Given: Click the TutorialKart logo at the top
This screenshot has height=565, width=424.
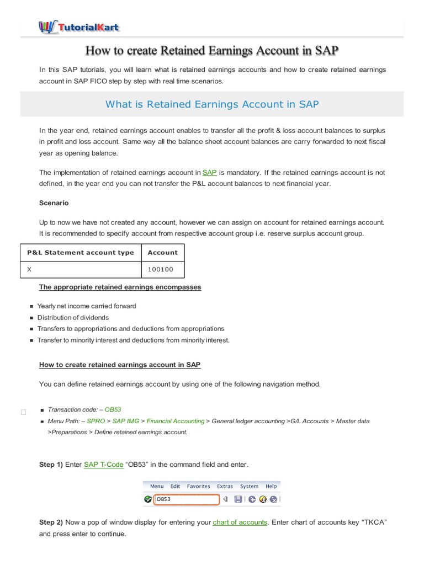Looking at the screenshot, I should click(x=78, y=26).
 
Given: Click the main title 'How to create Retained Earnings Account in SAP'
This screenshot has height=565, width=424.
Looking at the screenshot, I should click(x=212, y=51).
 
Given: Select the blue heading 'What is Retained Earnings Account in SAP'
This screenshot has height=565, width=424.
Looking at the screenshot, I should click(x=212, y=104).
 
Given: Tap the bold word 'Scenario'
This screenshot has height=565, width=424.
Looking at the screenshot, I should click(x=54, y=203).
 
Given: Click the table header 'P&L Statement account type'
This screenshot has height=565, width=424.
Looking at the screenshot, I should click(x=81, y=252).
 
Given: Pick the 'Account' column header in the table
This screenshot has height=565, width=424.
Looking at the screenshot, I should click(x=162, y=252).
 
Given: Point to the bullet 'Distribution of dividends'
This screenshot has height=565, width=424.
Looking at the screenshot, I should click(x=73, y=317).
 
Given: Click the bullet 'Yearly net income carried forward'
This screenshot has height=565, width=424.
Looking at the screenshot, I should click(x=86, y=306).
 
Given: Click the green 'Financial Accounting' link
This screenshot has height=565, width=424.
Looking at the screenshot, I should click(x=175, y=421).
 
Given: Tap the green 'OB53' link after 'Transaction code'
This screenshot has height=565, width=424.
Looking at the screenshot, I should click(x=113, y=409).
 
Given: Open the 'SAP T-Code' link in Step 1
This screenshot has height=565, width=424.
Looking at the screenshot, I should click(x=103, y=465).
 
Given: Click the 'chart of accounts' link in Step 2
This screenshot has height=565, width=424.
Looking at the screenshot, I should click(x=240, y=522).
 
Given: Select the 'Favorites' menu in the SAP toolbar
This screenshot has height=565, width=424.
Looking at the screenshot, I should click(x=198, y=486).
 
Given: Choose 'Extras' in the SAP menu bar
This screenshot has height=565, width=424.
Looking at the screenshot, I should click(x=225, y=486).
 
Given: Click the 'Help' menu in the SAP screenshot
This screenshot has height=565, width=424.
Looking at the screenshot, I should click(x=271, y=486).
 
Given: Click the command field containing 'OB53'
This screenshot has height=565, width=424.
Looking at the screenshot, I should click(x=187, y=499).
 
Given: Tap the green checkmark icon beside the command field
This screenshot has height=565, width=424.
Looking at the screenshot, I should click(x=147, y=499).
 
